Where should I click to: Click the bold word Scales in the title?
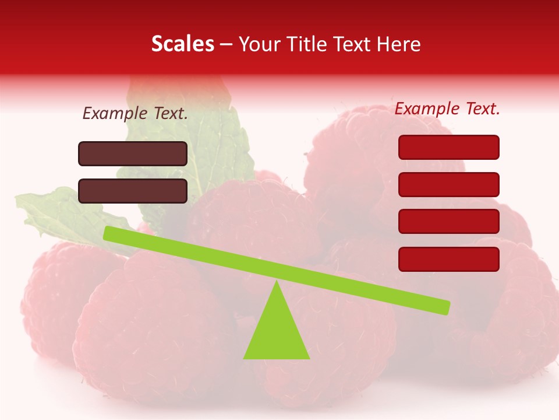pos(182,44)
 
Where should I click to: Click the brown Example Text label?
pos(135,114)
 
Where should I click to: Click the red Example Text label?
pos(447,108)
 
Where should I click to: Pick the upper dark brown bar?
pos(133,153)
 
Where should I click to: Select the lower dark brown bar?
pos(133,191)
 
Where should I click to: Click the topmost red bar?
pos(448,147)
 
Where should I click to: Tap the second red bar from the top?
pos(448,184)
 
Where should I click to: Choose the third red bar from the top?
pos(448,222)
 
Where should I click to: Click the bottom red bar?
pos(448,259)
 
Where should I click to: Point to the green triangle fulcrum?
pos(277,332)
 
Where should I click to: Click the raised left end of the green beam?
pos(111,234)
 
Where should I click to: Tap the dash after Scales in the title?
pos(226,44)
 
